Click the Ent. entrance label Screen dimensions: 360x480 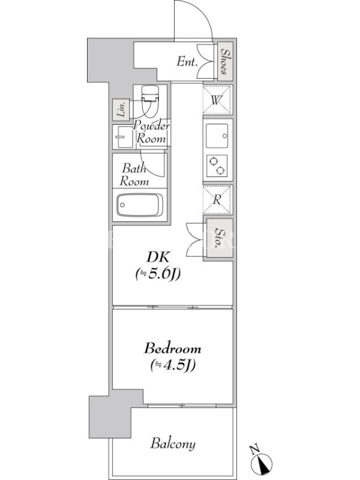(187, 62)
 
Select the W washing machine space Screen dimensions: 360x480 (217, 100)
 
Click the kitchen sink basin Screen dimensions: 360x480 (217, 136)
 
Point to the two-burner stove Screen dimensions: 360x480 (217, 166)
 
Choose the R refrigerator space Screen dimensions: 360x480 (217, 200)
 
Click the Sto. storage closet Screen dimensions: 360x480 (219, 238)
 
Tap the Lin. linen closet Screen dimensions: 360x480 (121, 109)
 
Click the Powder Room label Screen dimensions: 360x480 (151, 133)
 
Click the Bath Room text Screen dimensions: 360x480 (134, 175)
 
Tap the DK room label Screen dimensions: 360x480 (158, 257)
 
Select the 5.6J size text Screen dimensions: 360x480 (158, 274)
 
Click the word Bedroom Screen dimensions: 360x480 (173, 349)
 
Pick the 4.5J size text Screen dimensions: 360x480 (173, 365)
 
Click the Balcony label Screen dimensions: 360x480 (173, 444)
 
